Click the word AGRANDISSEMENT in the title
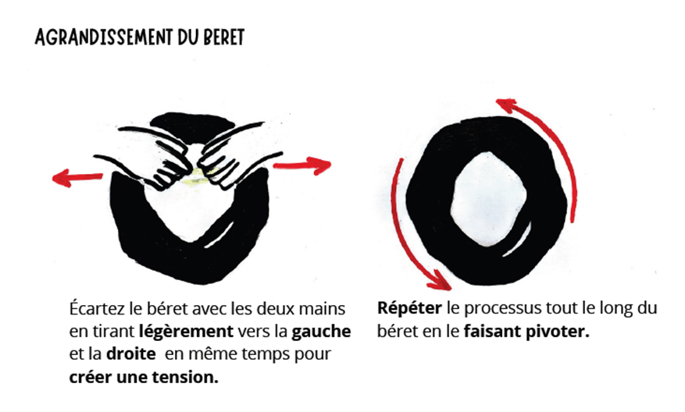(104, 37)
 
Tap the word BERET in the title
(223, 37)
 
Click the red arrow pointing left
(77, 178)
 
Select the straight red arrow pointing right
(302, 165)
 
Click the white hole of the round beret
(489, 198)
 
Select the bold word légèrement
(186, 332)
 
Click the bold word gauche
(321, 332)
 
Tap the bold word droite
(130, 353)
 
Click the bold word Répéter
(409, 308)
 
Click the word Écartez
(98, 308)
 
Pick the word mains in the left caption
(322, 309)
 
